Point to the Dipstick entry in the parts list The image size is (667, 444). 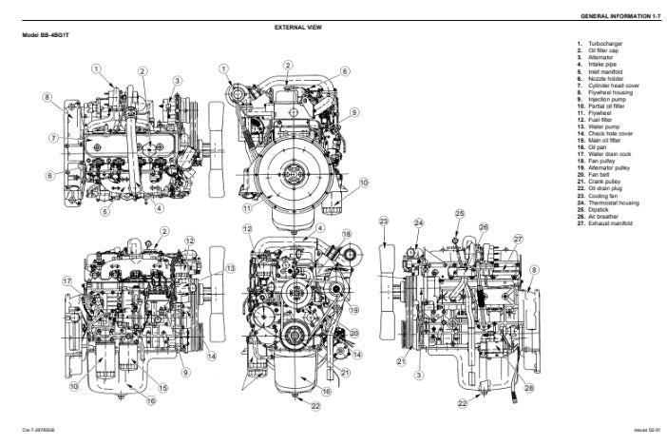pyautogui.click(x=600, y=211)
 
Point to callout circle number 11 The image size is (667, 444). pyautogui.click(x=247, y=207)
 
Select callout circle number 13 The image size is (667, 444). pyautogui.click(x=230, y=269)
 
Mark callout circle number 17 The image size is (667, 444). pyautogui.click(x=68, y=280)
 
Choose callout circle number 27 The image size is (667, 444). pyautogui.click(x=519, y=240)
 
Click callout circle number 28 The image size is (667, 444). pyautogui.click(x=529, y=387)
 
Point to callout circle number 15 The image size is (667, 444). pyautogui.click(x=162, y=387)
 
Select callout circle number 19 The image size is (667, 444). pyautogui.click(x=353, y=309)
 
